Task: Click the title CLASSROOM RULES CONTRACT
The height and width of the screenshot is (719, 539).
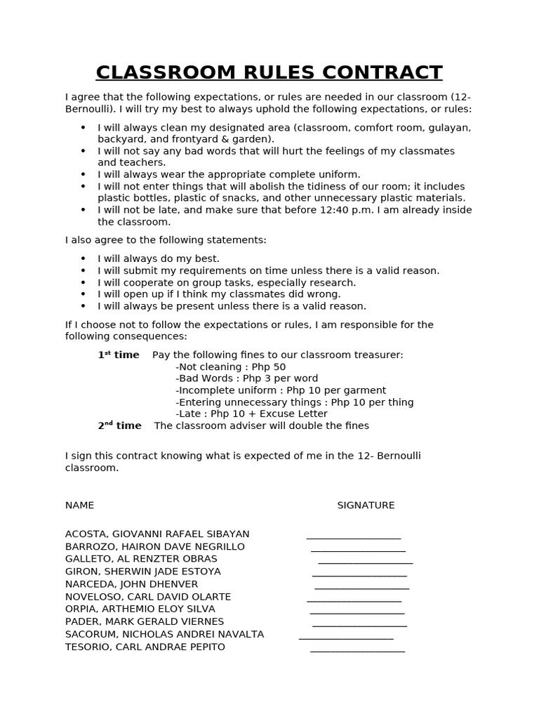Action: click(x=269, y=72)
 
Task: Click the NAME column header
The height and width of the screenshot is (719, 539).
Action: click(x=79, y=506)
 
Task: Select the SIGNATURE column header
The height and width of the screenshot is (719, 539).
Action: click(x=366, y=506)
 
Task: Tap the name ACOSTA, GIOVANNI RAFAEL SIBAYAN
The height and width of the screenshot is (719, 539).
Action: click(x=157, y=534)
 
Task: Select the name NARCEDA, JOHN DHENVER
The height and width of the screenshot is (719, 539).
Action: click(x=131, y=584)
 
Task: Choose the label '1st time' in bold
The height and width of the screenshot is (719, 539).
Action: click(x=119, y=355)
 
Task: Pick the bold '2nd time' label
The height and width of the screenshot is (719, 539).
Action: click(x=119, y=426)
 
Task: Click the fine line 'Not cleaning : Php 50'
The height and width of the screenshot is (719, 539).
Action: click(x=230, y=367)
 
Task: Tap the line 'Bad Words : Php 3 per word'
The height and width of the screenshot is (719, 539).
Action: click(x=246, y=378)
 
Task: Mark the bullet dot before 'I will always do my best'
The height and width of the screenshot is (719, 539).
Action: click(x=83, y=258)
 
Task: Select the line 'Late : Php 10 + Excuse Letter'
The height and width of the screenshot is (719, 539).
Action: click(x=251, y=414)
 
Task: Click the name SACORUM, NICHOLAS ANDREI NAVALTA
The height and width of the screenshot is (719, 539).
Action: click(x=164, y=634)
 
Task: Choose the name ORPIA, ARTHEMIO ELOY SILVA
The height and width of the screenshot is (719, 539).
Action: click(x=140, y=609)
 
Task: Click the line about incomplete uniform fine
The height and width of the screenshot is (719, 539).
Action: click(x=281, y=390)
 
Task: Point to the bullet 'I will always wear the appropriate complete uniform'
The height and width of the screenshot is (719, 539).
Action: click(x=229, y=174)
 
